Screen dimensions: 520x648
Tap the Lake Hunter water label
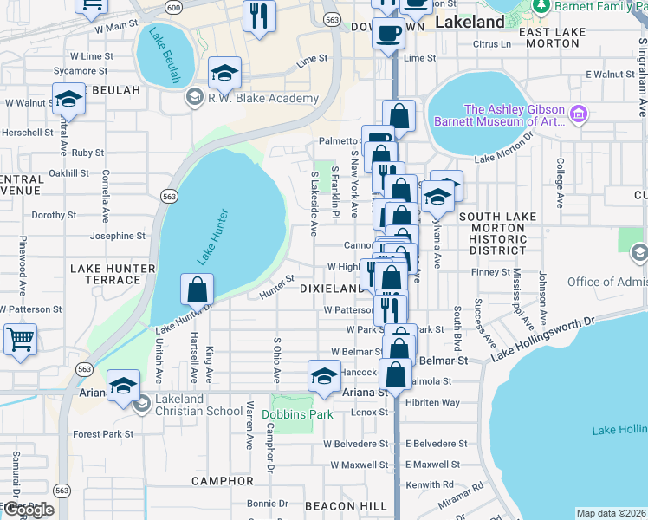212,237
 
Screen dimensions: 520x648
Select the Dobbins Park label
297,415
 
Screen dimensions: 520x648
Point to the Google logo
29,510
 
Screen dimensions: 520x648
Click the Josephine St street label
118,236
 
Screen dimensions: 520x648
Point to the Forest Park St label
103,434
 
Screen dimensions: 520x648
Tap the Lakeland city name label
470,22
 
